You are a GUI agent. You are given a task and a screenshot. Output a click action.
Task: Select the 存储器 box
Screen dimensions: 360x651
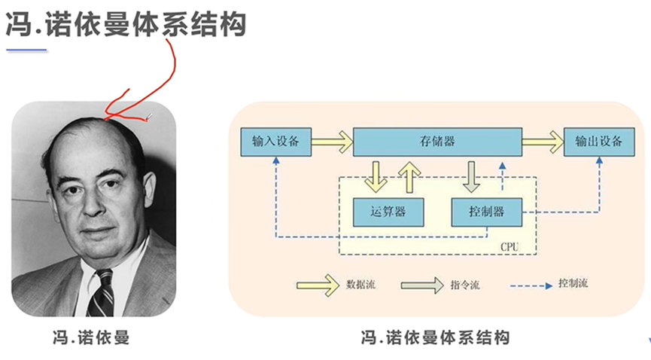coord(437,141)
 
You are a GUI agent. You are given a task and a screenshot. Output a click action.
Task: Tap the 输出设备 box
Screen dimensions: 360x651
coord(598,141)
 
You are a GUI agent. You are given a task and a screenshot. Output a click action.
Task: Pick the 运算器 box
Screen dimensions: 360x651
coord(388,212)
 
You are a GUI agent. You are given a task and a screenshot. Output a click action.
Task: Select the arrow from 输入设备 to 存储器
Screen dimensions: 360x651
coord(331,141)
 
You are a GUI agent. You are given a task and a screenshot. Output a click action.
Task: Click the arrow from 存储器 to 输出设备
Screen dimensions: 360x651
coord(543,141)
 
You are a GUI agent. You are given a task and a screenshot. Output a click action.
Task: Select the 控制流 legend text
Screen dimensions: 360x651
coord(573,284)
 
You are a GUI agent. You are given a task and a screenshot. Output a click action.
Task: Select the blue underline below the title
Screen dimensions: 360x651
coord(26,50)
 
